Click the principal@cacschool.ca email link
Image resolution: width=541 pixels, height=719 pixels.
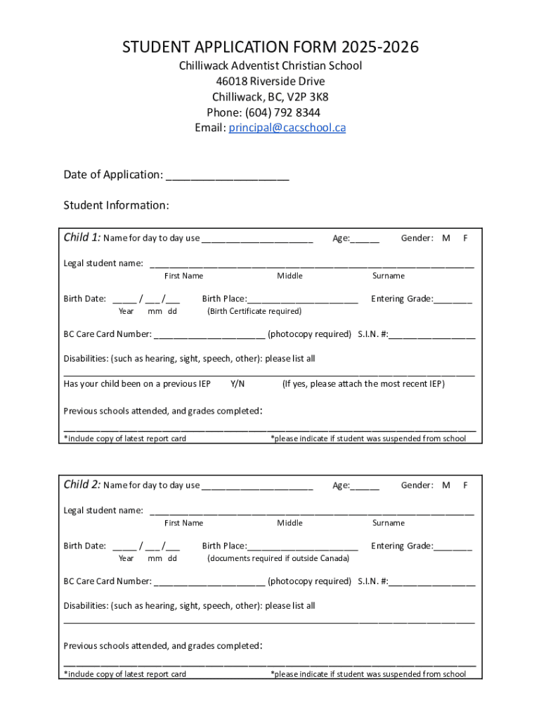click(x=287, y=128)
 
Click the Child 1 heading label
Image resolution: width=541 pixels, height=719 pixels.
click(x=82, y=237)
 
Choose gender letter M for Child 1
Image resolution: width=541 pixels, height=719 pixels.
click(x=446, y=238)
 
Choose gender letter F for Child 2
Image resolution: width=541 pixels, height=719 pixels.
click(x=465, y=485)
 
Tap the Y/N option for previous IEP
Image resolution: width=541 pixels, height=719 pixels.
click(x=237, y=384)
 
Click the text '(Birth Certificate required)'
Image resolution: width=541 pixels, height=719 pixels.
click(x=254, y=311)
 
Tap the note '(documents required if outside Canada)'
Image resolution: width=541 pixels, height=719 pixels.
click(x=278, y=558)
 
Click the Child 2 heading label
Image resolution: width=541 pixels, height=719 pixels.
click(x=82, y=484)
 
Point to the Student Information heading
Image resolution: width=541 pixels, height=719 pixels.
click(x=116, y=205)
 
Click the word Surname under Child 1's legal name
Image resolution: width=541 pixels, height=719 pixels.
click(x=389, y=276)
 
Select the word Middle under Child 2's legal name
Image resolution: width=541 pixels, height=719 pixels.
click(x=289, y=523)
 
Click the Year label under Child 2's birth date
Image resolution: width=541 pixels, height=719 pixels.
click(x=126, y=558)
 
